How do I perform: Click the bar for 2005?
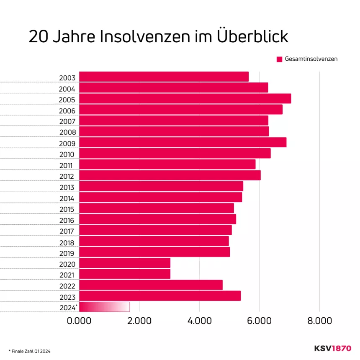coord(185,99)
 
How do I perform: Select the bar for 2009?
coord(183,143)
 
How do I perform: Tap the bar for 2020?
coord(125,263)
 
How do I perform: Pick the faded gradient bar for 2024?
coord(104,307)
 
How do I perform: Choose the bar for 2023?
coord(160,296)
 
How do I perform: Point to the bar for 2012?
coord(170,175)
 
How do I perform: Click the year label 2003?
coord(67,78)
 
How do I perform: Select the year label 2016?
coord(67,221)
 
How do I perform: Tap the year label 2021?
coord(67,275)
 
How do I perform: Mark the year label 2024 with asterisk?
coord(68,308)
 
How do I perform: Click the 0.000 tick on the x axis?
coord(79,321)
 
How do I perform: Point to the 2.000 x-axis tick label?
coord(139,321)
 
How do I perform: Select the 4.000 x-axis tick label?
coord(199,321)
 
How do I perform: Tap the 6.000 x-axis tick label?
coord(260,321)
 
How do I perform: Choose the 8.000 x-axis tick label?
coord(319,321)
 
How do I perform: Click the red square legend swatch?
coord(280,59)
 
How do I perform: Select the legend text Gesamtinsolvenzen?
coord(311,59)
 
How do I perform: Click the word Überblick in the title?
coord(252,37)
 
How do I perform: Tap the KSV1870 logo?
coord(333,348)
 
